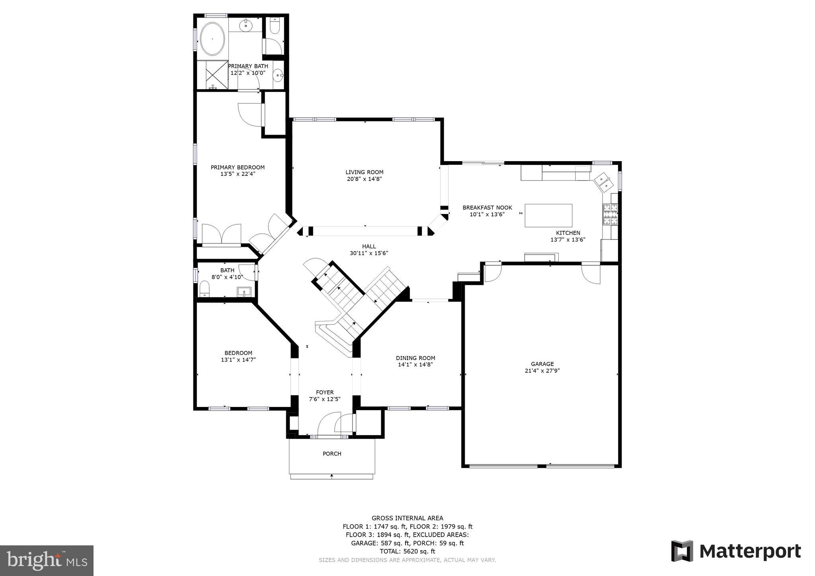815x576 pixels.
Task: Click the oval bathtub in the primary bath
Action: (x=212, y=39)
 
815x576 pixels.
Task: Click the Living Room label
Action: (x=364, y=172)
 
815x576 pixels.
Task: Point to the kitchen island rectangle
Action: (x=548, y=215)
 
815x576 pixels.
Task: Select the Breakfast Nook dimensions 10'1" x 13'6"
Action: (x=487, y=214)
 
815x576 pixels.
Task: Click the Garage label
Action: (x=542, y=364)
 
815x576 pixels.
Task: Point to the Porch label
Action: (x=331, y=453)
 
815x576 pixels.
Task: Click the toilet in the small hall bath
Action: (x=205, y=288)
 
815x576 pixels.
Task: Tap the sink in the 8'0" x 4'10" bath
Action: (x=244, y=292)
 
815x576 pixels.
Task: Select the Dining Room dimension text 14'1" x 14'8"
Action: (x=415, y=364)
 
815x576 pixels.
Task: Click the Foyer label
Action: (x=325, y=392)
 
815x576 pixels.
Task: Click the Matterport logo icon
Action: (x=682, y=551)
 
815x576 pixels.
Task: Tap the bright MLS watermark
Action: (x=47, y=561)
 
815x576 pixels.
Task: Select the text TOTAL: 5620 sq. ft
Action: (x=407, y=551)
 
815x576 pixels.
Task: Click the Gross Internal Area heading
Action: (x=407, y=518)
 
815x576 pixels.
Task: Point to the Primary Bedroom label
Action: (x=238, y=167)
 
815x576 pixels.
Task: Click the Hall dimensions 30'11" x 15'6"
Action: (x=369, y=253)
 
